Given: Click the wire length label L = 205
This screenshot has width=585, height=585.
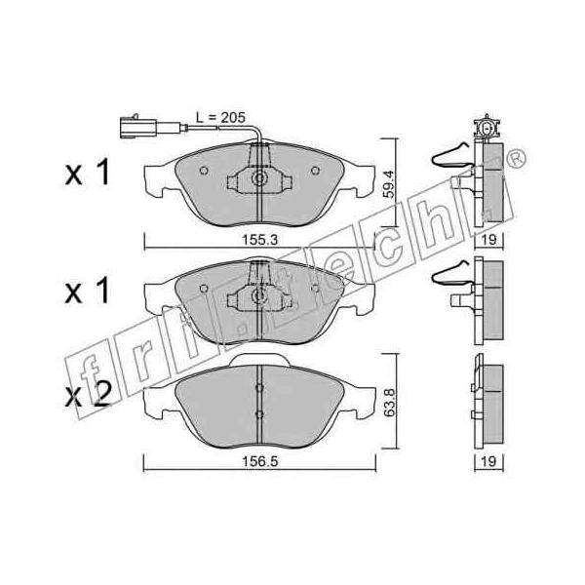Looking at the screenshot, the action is pos(220,118).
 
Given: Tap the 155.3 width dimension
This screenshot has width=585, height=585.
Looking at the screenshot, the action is pos(260,240).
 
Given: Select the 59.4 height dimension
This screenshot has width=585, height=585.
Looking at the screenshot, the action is pos(388,183).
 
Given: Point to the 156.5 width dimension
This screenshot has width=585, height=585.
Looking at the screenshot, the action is pos(260,461).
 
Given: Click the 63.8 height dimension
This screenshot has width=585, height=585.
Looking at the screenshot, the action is pos(389,402).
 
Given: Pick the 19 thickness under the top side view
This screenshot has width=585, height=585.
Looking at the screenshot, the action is pos(488,240).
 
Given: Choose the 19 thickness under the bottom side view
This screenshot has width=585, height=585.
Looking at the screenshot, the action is pos(488,461).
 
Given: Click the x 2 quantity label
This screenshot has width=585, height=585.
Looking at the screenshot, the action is pos(88,396).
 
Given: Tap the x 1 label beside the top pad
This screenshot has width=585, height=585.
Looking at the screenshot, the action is pos(88,172).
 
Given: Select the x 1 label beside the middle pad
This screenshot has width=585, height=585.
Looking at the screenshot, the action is pos(88,291).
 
